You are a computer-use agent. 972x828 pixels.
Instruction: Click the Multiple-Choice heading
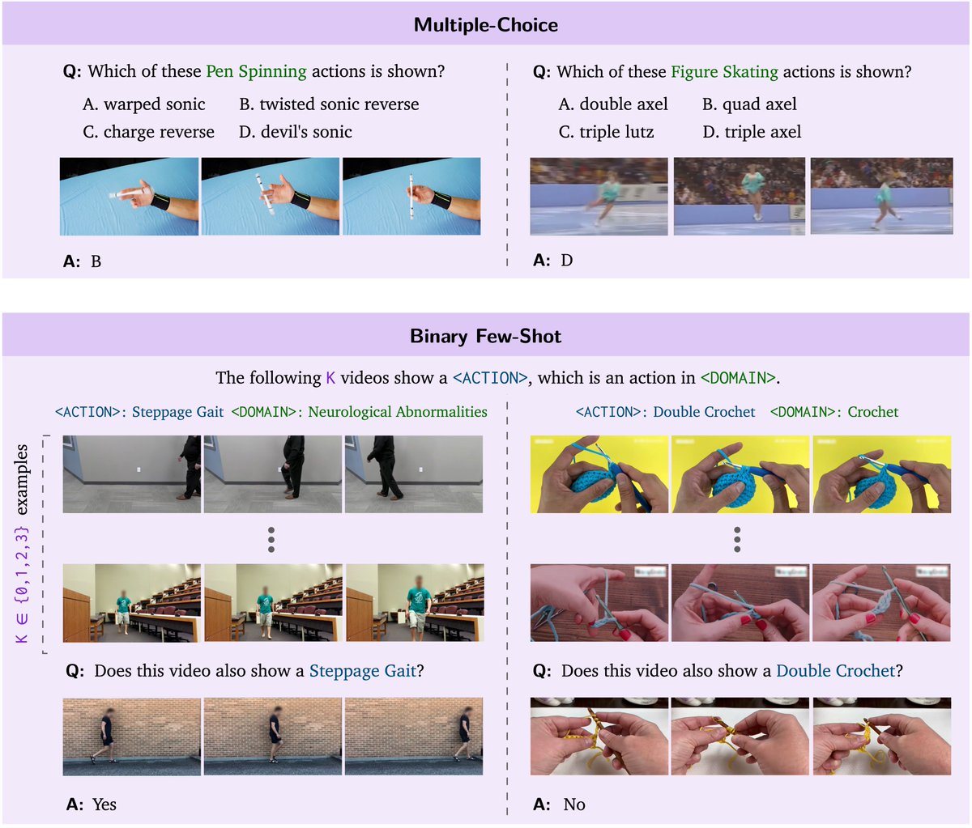486,25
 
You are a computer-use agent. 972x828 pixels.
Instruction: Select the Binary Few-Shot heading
485,337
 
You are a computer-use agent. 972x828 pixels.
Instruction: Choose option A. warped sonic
144,104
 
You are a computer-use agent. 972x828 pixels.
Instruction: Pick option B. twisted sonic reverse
329,104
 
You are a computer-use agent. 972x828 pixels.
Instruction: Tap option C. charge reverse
148,132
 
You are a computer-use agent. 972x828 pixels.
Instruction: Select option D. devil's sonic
296,132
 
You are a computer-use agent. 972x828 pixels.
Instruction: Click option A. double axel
613,104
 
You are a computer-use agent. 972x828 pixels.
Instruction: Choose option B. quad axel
749,104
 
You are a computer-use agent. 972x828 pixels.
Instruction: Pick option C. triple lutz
606,132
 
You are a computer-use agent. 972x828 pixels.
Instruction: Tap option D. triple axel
752,132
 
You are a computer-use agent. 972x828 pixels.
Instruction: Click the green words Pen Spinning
256,71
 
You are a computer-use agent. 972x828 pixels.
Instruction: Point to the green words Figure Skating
725,72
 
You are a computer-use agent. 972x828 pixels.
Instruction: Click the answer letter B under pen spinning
96,261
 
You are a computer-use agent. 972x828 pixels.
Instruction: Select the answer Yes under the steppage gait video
104,805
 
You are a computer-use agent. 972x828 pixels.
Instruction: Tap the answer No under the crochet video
574,805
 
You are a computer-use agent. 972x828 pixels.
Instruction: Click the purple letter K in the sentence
330,378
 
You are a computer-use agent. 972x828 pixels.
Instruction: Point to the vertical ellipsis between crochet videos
737,540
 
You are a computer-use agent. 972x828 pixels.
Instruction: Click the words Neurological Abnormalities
398,412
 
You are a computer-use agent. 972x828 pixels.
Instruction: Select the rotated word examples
21,479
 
